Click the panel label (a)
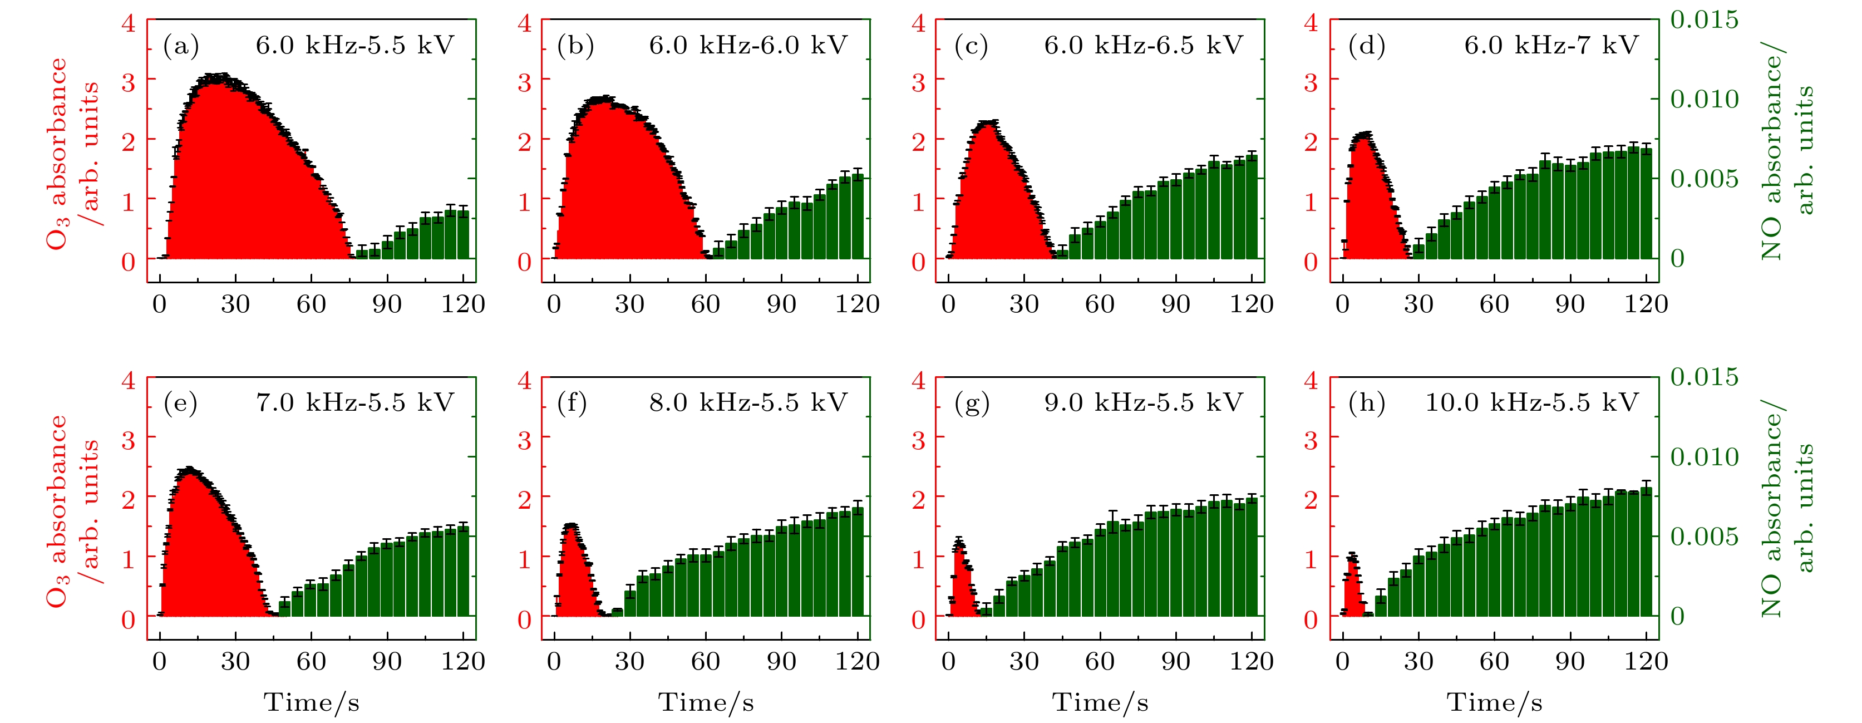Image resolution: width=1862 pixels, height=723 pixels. click(181, 46)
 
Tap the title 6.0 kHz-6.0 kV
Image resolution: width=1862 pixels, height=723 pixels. click(748, 46)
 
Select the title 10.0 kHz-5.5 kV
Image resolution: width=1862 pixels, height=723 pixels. click(1531, 402)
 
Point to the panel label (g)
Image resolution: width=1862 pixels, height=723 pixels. click(971, 403)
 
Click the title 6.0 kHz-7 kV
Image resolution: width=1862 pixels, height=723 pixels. click(1550, 46)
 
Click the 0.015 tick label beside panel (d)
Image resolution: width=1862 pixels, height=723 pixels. click(1704, 19)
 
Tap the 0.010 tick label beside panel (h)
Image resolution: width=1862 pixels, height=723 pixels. click(1704, 457)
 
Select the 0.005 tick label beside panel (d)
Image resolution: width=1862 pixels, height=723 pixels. click(1704, 179)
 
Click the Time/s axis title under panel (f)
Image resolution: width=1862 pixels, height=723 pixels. click(706, 702)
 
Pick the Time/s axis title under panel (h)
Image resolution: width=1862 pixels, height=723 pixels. click(1494, 702)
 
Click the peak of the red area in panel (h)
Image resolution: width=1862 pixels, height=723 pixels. click(1352, 557)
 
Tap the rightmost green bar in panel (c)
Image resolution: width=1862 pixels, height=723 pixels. click(1252, 207)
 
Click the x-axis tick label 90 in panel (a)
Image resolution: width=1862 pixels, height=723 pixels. click(387, 304)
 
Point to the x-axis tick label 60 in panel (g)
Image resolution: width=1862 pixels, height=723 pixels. click(1100, 661)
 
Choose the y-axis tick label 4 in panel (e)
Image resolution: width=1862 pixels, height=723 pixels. click(129, 380)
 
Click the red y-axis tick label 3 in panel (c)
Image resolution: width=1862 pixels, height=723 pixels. click(918, 82)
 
